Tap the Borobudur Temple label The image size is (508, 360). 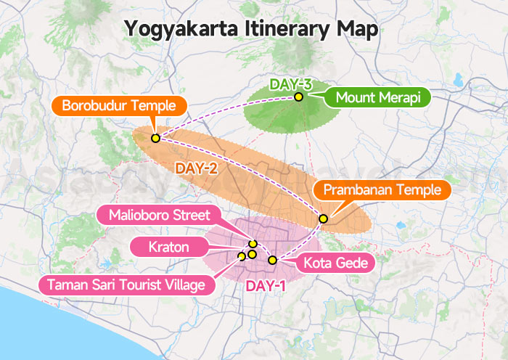click(119, 106)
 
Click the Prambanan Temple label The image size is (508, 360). click(382, 190)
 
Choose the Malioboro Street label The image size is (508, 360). click(160, 215)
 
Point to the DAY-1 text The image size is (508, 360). click(266, 286)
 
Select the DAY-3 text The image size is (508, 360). click(290, 84)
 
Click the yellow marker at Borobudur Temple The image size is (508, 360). click(155, 138)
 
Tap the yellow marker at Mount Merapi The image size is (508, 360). click(298, 97)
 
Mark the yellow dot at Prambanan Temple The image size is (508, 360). click(323, 218)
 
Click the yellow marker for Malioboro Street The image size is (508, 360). click(253, 244)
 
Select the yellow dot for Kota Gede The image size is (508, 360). click(272, 260)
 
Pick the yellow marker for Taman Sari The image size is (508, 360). click(242, 256)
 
